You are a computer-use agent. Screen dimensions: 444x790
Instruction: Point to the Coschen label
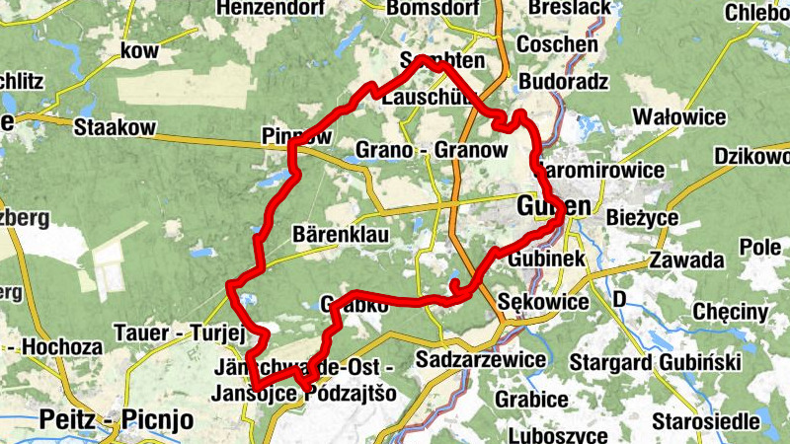(x=558, y=45)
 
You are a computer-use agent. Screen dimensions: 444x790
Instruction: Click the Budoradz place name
(x=563, y=82)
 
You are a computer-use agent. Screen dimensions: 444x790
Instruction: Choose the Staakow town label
(x=115, y=126)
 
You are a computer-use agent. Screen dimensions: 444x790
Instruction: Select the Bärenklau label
(x=342, y=235)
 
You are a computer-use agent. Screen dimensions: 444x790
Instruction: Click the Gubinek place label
(x=548, y=258)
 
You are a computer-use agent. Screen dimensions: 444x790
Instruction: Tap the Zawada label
(x=686, y=261)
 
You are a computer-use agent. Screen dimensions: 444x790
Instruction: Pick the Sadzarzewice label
(x=481, y=359)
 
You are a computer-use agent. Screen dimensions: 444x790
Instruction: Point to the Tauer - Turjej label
(x=179, y=333)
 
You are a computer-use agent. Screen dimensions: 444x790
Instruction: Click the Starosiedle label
(x=712, y=421)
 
